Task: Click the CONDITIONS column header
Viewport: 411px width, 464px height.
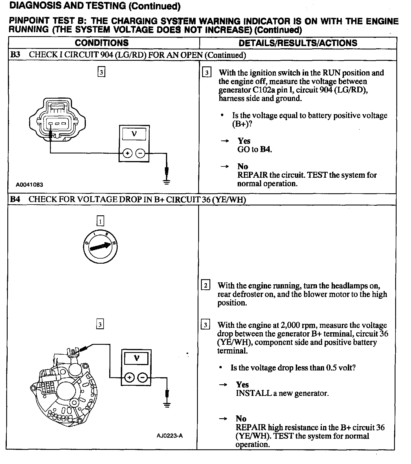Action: click(102, 43)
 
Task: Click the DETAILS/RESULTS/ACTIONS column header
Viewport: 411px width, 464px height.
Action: click(298, 43)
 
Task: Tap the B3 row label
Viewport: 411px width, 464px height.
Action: click(15, 55)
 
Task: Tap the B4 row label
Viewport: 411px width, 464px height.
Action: click(15, 199)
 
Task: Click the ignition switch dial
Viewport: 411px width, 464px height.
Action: click(100, 247)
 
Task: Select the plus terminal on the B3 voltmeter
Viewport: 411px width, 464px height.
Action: click(127, 153)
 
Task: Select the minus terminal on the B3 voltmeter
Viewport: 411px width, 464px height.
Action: click(140, 153)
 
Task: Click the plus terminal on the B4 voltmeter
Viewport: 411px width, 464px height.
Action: click(129, 378)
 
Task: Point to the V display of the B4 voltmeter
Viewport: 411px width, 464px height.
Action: click(136, 359)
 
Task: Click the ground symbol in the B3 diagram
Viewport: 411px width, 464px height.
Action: click(167, 182)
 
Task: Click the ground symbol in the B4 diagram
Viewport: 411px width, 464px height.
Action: click(167, 406)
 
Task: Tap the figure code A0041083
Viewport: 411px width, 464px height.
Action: click(29, 185)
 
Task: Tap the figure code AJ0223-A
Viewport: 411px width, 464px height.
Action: click(170, 435)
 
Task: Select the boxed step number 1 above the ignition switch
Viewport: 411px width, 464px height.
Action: click(100, 221)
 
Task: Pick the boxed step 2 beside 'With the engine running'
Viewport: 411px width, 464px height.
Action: click(205, 285)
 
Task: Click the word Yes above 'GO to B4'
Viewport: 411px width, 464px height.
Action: click(244, 141)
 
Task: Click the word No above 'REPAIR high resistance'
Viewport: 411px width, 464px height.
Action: click(241, 419)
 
